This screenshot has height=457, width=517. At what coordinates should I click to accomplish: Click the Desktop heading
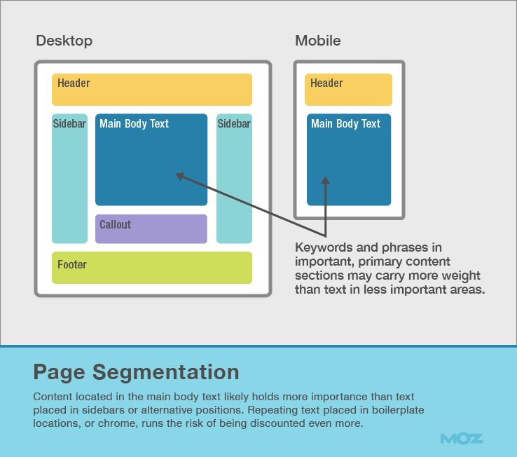click(64, 41)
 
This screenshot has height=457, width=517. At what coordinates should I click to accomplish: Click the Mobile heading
click(317, 41)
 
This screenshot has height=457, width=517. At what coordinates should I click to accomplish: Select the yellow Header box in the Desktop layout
click(151, 90)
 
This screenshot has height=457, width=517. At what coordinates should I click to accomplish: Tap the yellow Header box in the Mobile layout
click(348, 90)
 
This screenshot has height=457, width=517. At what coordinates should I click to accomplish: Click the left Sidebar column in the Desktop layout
click(69, 179)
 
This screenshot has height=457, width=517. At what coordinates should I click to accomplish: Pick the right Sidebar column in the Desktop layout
click(234, 179)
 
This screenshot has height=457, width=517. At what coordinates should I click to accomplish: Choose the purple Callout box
click(151, 228)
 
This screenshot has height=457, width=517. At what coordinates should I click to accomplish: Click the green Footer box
click(151, 268)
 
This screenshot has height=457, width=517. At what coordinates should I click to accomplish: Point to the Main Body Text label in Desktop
click(134, 124)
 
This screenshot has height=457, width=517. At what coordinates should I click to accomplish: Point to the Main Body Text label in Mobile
click(345, 124)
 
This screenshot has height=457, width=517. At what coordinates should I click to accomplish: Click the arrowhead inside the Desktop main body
click(179, 176)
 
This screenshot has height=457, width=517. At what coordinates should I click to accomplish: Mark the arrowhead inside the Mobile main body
click(325, 180)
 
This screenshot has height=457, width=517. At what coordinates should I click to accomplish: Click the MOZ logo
click(462, 439)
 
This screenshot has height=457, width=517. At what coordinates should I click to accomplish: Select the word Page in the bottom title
click(59, 371)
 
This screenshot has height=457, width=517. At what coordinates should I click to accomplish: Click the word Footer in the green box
click(72, 265)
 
